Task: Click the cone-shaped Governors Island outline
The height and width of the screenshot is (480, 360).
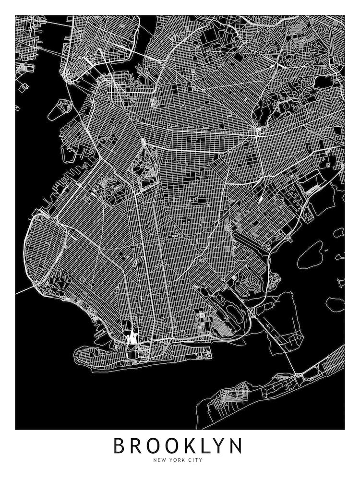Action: click(x=60, y=109)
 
